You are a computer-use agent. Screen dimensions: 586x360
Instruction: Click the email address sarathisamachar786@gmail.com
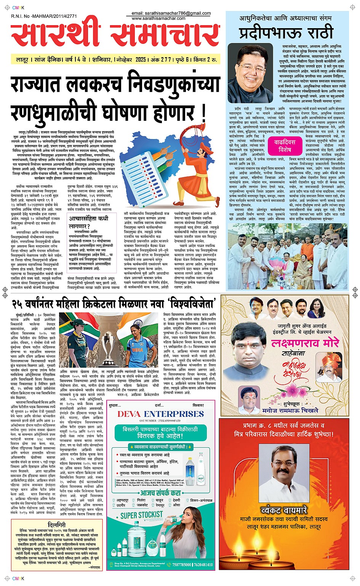(171, 13)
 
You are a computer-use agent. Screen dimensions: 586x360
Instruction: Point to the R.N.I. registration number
(44, 16)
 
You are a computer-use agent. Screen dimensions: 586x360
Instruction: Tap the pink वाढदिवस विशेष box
(285, 146)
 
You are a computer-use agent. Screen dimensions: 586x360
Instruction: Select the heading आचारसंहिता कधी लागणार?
(88, 222)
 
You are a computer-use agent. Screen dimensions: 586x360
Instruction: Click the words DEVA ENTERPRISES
(160, 414)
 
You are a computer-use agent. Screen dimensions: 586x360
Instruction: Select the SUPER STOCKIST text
(141, 515)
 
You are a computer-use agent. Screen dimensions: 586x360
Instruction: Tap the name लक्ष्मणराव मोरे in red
(304, 343)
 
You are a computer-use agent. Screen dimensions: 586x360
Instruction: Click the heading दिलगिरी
(57, 525)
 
